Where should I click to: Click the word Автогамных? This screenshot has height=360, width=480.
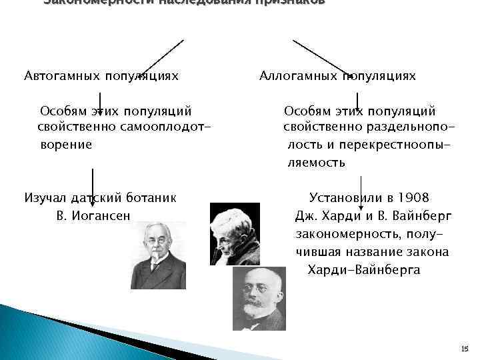click(58, 76)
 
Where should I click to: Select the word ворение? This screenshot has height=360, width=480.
click(66, 144)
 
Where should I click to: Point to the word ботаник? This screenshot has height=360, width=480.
click(153, 197)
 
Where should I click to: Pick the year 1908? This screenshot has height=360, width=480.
click(413, 198)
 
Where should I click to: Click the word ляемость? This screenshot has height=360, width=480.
click(316, 162)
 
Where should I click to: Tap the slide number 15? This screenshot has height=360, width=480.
click(465, 349)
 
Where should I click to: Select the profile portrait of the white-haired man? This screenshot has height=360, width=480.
click(234, 234)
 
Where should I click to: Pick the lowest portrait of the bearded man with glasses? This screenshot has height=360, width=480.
click(259, 299)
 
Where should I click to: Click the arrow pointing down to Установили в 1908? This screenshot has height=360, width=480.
click(361, 186)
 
